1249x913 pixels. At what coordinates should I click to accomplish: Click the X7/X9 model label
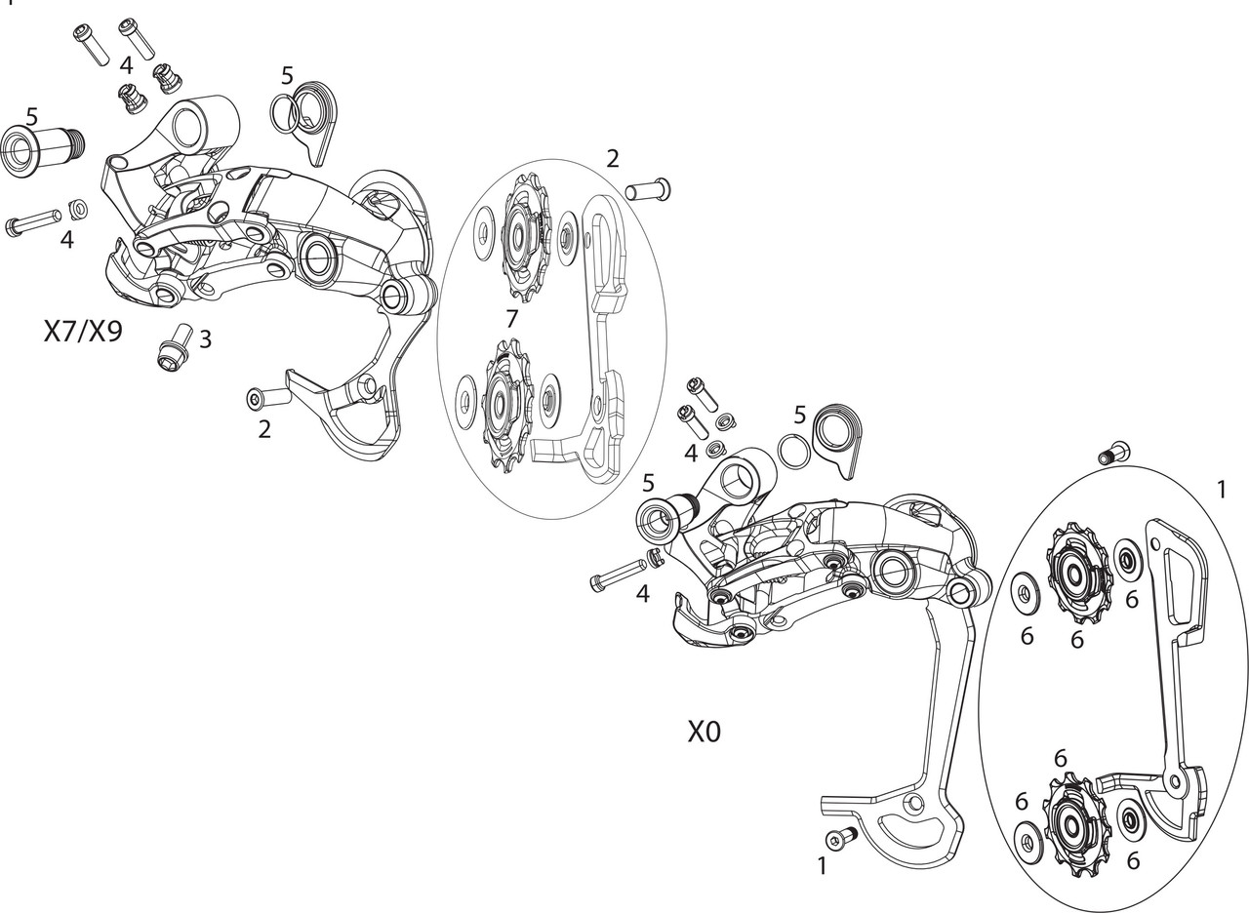[x=83, y=332]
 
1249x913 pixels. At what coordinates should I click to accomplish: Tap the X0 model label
[x=704, y=732]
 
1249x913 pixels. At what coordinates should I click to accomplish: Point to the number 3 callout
[x=205, y=339]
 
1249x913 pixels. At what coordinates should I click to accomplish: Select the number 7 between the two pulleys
[x=511, y=318]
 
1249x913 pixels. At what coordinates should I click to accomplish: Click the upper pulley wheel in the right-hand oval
[x=1077, y=575]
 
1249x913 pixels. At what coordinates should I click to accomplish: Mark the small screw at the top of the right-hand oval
[x=1111, y=454]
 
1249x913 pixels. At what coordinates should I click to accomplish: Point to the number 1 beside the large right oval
[x=1222, y=490]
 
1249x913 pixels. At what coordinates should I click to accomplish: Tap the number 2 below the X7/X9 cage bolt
[x=264, y=428]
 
